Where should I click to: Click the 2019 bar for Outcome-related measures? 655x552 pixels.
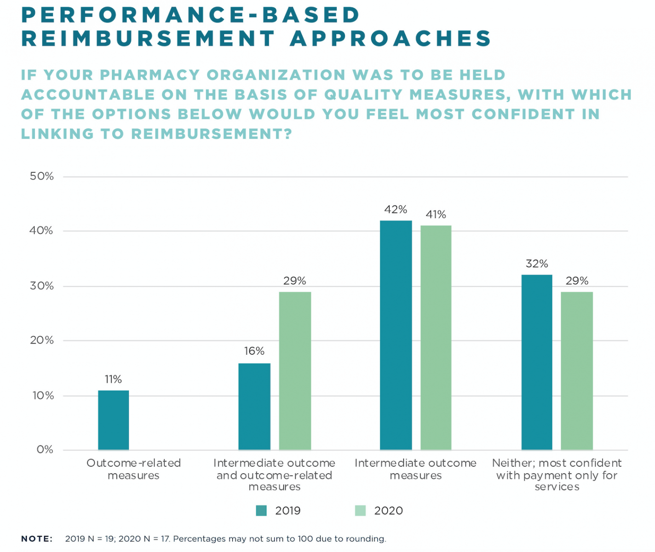coord(114,420)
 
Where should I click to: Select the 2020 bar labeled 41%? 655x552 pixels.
coord(436,338)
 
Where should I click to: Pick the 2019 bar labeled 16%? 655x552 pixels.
coord(254,407)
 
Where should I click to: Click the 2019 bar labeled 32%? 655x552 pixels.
coord(537,362)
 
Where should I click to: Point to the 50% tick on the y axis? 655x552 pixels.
coord(42,177)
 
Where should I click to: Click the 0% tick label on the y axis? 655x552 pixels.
coord(45,450)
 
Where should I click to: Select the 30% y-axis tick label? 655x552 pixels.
coord(42,286)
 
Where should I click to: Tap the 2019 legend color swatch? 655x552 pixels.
coord(261,511)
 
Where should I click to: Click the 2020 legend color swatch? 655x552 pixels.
coord(360,511)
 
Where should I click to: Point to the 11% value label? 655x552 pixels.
coord(113,379)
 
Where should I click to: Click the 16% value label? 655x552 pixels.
coord(254,351)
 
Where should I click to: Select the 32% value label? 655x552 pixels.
coord(537,264)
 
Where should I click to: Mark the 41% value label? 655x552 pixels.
coord(436,215)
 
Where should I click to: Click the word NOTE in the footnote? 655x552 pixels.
coord(37,539)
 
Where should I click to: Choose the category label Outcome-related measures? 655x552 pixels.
coord(134,469)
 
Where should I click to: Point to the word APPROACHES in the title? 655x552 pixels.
coord(391,39)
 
